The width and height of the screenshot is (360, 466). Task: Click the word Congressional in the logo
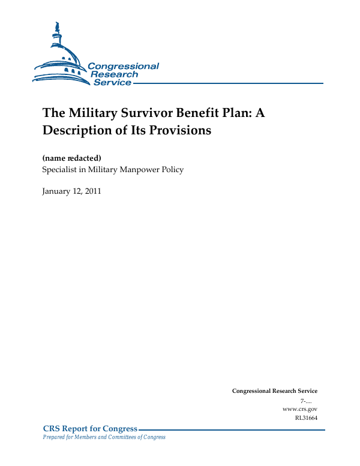point(123,66)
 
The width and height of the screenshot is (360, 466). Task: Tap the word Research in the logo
point(114,74)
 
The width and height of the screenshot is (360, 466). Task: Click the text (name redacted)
point(71,158)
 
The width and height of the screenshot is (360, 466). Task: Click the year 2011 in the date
point(92,191)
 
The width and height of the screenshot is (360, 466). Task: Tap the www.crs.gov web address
point(299,408)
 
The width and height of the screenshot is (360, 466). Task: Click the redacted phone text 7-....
point(304,400)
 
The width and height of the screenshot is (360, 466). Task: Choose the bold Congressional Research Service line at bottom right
point(274,391)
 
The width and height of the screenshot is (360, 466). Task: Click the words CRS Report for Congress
point(90,429)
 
